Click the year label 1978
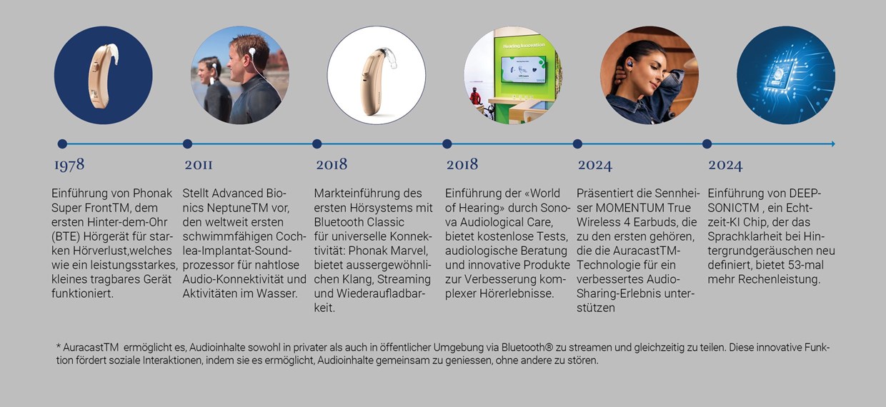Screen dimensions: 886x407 [x=69, y=165]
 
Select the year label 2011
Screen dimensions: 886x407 [x=199, y=164]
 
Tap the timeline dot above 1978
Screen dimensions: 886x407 [x=62, y=144]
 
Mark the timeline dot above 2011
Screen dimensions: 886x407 [x=187, y=144]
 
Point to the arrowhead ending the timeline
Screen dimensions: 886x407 [x=833, y=144]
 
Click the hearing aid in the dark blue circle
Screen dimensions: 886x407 [x=100, y=75]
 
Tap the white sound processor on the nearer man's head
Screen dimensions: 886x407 [x=252, y=51]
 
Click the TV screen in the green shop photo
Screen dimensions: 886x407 [x=523, y=69]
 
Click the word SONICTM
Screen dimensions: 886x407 [x=733, y=208]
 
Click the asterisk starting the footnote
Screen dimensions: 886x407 [x=58, y=346]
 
